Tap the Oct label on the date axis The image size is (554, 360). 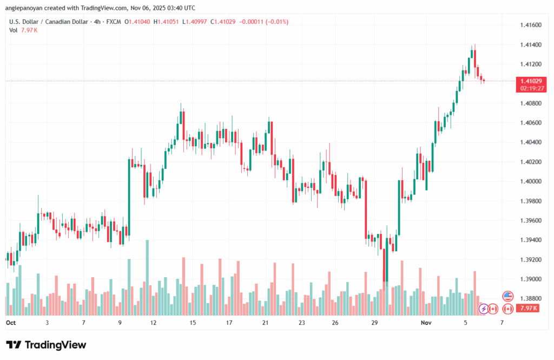pos(11,322)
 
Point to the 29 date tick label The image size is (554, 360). pos(374,322)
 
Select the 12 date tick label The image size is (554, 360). pos(154,322)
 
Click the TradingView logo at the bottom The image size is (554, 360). pos(46,345)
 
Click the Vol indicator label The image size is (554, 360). pos(13,30)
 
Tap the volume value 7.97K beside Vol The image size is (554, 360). pos(29,30)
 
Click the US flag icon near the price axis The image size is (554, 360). pos(507,296)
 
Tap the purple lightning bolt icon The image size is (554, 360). pos(484,309)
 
